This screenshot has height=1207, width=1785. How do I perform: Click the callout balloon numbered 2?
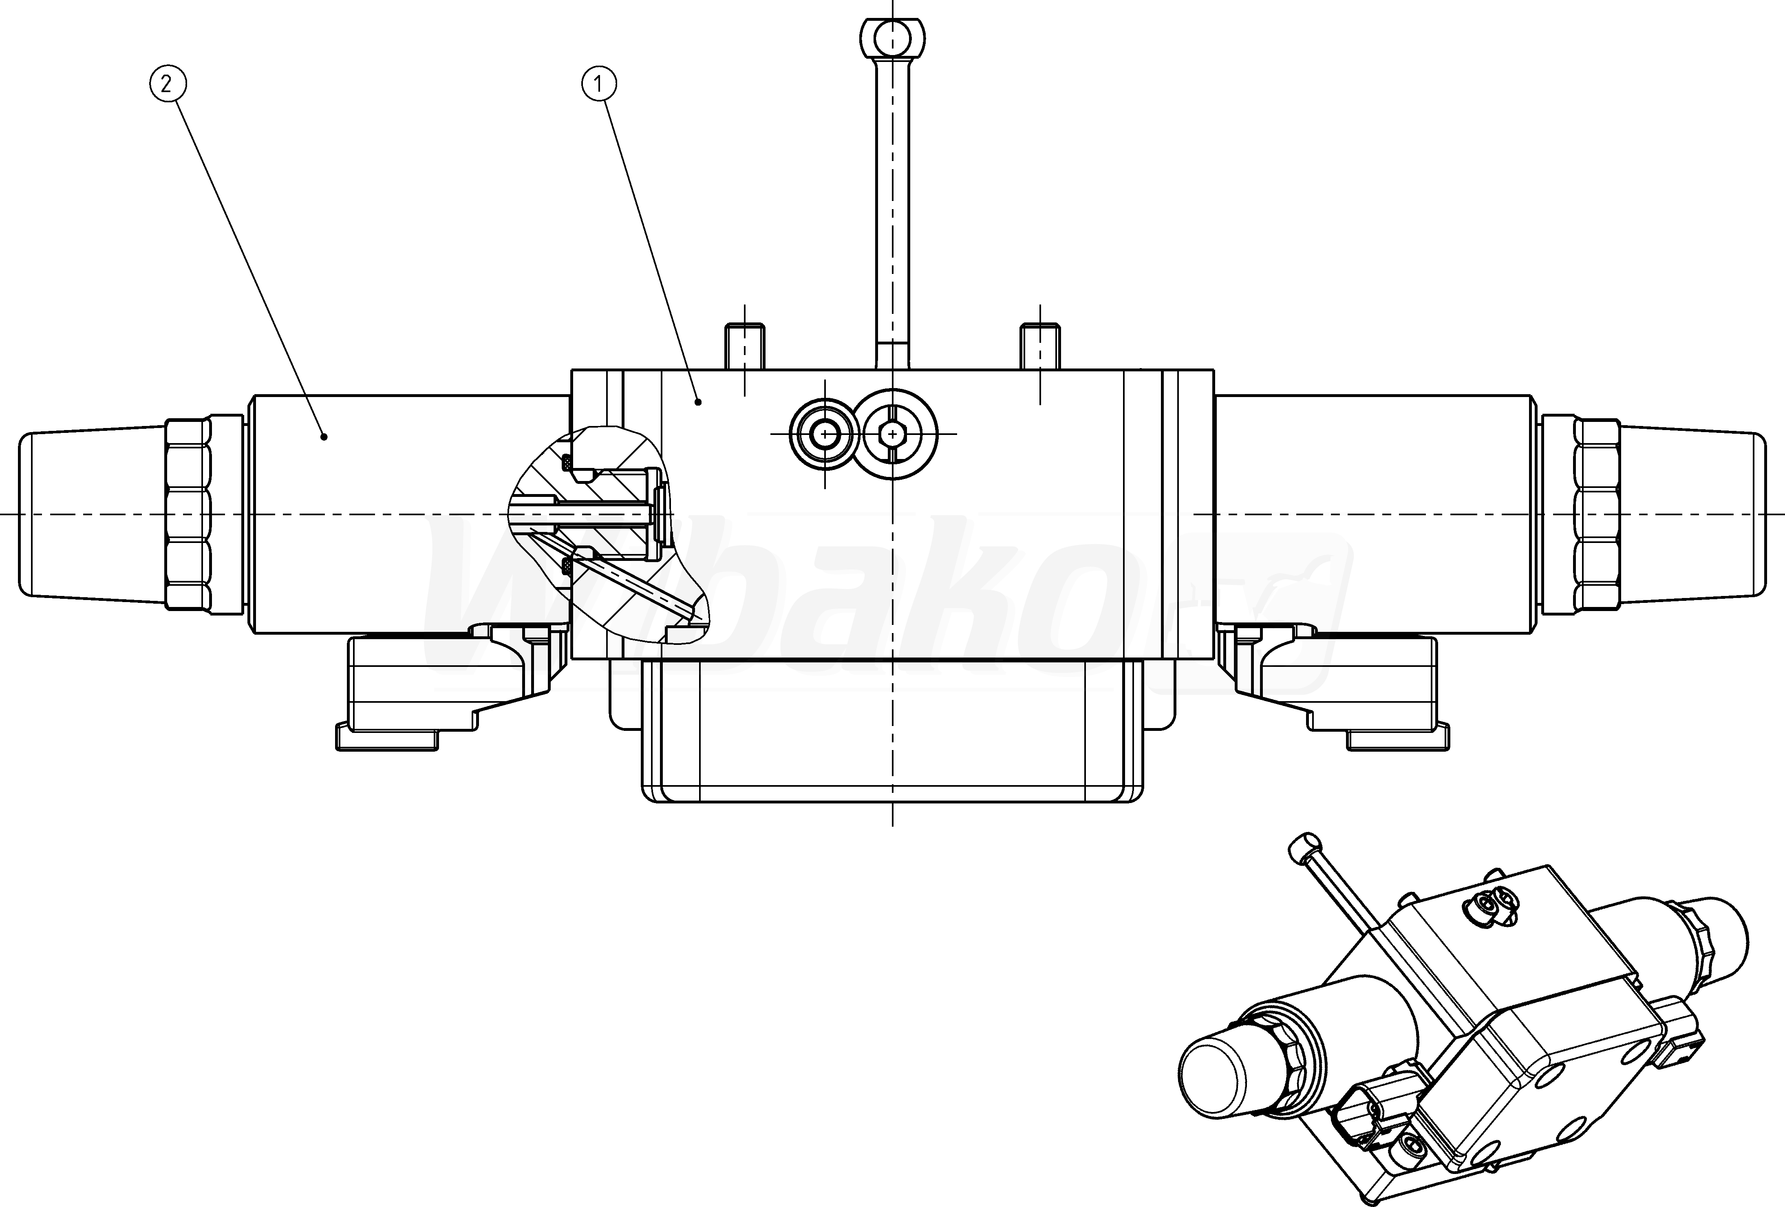167,84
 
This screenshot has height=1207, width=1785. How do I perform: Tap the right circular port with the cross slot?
893,435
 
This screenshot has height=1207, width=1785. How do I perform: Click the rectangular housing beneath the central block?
893,730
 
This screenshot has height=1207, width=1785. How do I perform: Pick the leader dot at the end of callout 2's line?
324,437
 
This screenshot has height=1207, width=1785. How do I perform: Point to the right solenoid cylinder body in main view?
1375,514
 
